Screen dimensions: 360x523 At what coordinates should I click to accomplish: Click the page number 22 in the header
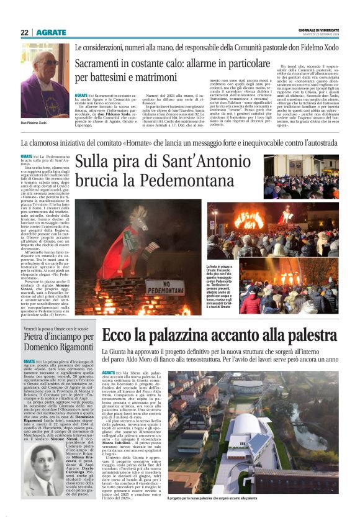click(x=24, y=32)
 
